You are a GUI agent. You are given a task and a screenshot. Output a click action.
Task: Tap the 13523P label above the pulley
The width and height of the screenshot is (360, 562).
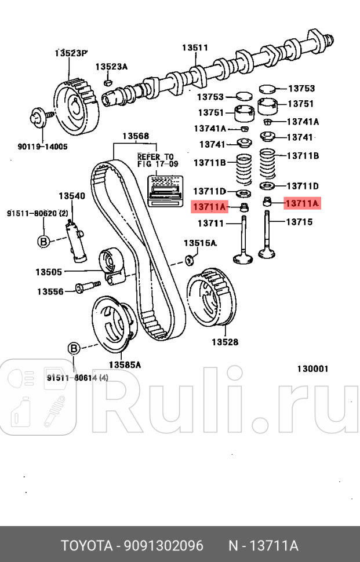71,53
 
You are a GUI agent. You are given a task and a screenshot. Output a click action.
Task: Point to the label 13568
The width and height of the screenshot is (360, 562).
135,137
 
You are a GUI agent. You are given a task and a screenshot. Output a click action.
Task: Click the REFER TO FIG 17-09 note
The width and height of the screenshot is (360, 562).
155,160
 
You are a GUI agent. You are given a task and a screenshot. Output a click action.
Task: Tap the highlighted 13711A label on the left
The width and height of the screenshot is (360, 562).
209,206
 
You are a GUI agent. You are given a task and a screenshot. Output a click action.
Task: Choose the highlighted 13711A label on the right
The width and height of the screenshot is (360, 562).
301,203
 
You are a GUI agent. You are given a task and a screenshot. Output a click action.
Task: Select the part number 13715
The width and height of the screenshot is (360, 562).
299,222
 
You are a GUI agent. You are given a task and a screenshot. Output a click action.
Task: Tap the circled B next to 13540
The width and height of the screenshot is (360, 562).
43,242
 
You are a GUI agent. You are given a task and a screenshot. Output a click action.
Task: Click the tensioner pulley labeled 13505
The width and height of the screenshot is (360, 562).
114,267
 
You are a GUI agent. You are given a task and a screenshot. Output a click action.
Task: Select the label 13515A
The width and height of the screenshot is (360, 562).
200,243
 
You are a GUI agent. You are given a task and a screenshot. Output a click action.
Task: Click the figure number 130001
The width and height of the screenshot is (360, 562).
313,368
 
